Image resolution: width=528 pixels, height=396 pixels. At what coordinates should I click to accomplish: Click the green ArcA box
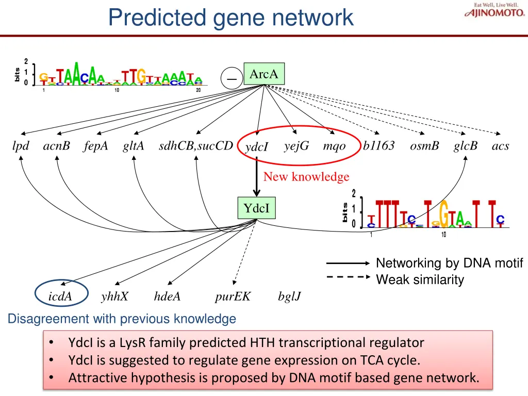pos(263,74)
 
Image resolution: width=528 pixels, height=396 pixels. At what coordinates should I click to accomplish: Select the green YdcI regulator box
pos(256,208)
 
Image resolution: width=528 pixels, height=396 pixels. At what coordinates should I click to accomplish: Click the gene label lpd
pos(21,146)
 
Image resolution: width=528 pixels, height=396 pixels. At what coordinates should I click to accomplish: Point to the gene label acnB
pos(56,146)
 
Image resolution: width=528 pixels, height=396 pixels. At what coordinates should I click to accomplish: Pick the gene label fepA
pos(96,146)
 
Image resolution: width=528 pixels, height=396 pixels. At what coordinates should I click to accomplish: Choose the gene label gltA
pos(134,146)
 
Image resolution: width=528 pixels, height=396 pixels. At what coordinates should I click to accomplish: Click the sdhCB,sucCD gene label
pos(196,146)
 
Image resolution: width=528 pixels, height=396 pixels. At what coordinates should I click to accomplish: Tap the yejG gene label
pos(296,146)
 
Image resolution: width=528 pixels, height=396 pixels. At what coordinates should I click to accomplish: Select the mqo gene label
pos(334,146)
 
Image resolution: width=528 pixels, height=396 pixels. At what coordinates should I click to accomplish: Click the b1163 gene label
pos(378,146)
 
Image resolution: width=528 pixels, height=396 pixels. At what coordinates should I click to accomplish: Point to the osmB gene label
pos(424,146)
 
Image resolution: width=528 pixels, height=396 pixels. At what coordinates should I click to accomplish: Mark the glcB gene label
pos(466,146)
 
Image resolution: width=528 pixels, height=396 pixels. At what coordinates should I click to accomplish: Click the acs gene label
pos(500,146)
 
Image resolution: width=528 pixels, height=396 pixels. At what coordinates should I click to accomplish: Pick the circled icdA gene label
pos(60,296)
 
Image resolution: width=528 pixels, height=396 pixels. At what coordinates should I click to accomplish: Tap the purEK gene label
pos(233,296)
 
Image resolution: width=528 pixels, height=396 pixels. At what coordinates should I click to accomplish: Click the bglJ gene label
pos(289,296)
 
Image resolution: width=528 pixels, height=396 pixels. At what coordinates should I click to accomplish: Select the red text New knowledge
pos(306,177)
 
